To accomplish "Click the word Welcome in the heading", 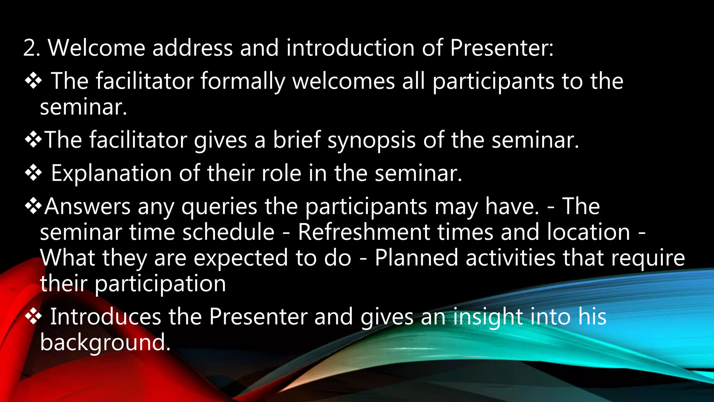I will click(96, 48).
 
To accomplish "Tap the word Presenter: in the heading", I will click(501, 48).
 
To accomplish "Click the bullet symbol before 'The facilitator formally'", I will click(33, 81).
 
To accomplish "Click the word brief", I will click(296, 140).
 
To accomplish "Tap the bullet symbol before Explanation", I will click(33, 173).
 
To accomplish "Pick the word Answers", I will click(87, 207).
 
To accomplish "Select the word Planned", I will click(416, 258).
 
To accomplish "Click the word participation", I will click(160, 284).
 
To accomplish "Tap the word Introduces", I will click(106, 317).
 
